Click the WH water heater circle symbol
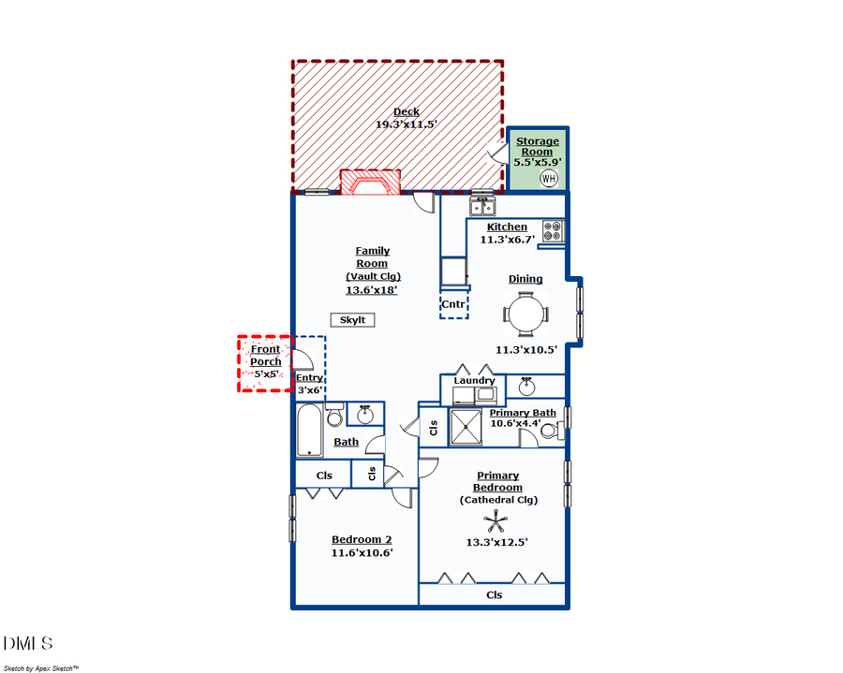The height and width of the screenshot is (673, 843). tap(548, 178)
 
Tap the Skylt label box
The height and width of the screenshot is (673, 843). tap(352, 320)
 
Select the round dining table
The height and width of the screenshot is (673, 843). tap(525, 314)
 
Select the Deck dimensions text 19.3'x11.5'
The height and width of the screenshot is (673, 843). tap(407, 124)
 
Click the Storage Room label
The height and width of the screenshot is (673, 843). tap(537, 147)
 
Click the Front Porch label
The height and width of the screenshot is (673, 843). tap(265, 356)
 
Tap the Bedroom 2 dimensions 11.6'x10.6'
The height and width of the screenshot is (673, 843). tap(362, 553)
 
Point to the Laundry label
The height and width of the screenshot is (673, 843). tap(474, 381)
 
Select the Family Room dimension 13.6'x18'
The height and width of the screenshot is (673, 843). tap(372, 290)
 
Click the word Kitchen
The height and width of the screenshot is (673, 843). tap(507, 227)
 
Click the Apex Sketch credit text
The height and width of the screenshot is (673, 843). tap(41, 668)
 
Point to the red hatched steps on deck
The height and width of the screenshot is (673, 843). tap(370, 182)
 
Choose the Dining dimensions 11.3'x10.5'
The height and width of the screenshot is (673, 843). tap(526, 350)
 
